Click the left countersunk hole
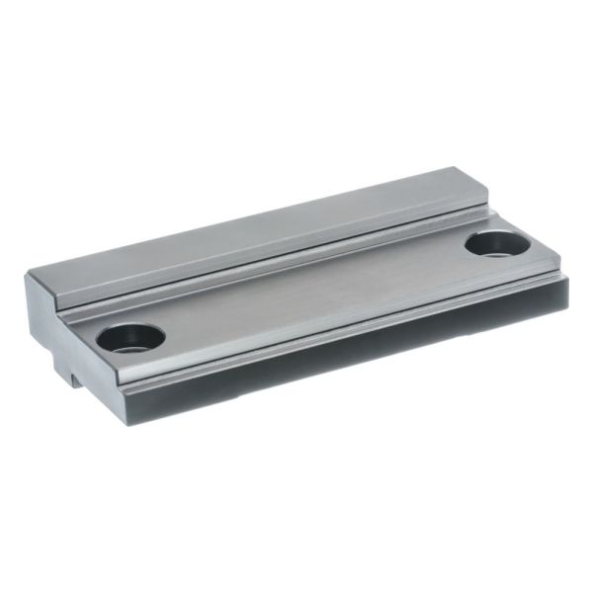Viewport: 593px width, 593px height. (x=130, y=338)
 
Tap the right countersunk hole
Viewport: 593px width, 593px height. (x=494, y=242)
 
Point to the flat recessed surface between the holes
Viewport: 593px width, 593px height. (x=306, y=296)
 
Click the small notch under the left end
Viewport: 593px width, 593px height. (x=74, y=374)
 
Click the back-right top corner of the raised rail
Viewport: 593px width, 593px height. (x=456, y=169)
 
